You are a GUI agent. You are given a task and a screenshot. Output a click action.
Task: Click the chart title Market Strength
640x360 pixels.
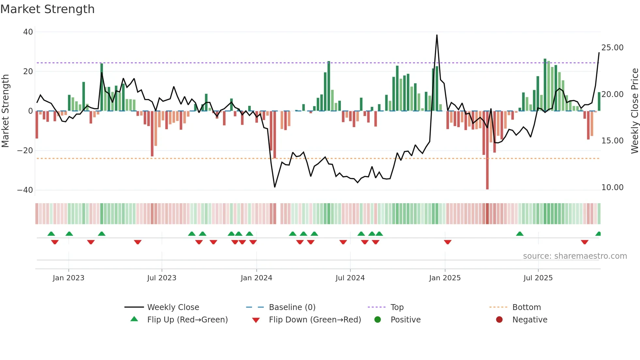47,9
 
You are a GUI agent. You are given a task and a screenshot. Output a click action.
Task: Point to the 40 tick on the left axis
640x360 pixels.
28,32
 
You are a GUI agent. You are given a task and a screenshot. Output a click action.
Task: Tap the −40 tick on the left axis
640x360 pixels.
25,190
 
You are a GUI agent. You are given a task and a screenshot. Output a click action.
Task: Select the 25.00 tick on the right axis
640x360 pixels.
612,48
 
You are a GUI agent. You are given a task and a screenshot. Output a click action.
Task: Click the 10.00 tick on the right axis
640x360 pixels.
612,188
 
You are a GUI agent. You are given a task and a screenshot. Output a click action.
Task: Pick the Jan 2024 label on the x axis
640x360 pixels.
256,278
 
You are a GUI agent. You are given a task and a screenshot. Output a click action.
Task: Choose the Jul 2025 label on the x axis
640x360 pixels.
538,278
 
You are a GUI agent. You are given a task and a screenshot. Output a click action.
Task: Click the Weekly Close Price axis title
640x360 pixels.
634,111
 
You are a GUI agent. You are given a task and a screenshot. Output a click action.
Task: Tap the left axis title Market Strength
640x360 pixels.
5,111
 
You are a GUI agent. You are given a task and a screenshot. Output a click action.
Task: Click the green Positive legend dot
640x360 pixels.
378,320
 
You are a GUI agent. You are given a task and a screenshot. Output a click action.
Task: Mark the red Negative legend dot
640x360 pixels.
499,320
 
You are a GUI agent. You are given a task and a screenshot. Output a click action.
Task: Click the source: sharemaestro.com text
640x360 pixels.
575,256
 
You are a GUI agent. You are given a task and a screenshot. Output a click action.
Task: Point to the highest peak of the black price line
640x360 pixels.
437,35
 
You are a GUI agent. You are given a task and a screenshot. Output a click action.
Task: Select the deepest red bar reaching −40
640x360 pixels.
487,163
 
